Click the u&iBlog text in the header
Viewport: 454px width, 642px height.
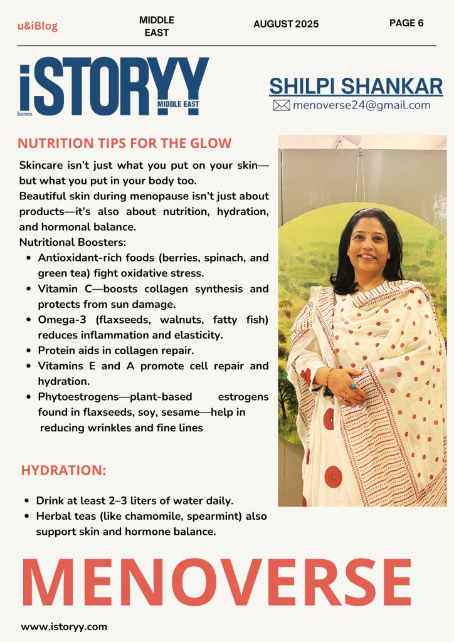[37, 26]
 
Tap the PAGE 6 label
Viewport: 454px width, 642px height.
[406, 23]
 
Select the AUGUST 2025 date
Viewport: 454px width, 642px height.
[286, 24]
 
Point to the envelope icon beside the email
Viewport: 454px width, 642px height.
[282, 105]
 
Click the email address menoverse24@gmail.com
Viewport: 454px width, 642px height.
[361, 105]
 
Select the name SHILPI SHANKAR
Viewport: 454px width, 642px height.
[356, 87]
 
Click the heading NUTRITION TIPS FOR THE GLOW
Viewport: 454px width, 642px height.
[124, 143]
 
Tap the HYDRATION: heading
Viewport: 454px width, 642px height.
[63, 470]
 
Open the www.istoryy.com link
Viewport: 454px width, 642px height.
[64, 626]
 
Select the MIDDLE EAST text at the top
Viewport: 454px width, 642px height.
[157, 26]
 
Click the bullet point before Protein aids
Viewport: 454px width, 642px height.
[29, 350]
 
